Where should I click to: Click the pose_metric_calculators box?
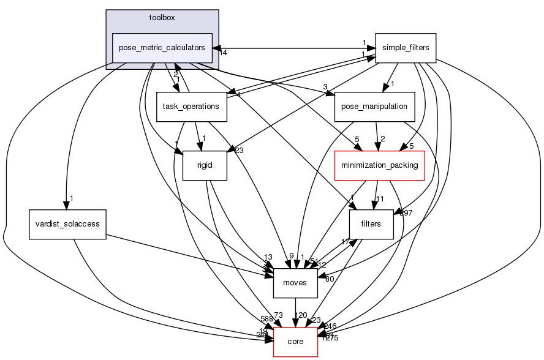[x=162, y=48]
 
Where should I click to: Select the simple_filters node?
[x=405, y=48]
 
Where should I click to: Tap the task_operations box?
[x=191, y=106]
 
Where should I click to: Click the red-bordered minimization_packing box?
[x=379, y=165]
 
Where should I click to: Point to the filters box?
[x=371, y=223]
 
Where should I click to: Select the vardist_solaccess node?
[x=67, y=223]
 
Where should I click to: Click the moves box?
[x=295, y=282]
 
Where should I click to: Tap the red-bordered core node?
[x=295, y=341]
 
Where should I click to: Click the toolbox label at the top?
[x=162, y=17]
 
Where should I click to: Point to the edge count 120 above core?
[x=301, y=315]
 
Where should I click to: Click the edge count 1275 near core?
[x=331, y=337]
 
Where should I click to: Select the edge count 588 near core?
[x=266, y=318]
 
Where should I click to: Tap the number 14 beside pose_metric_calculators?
[x=224, y=53]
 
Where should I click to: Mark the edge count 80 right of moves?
[x=329, y=279]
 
